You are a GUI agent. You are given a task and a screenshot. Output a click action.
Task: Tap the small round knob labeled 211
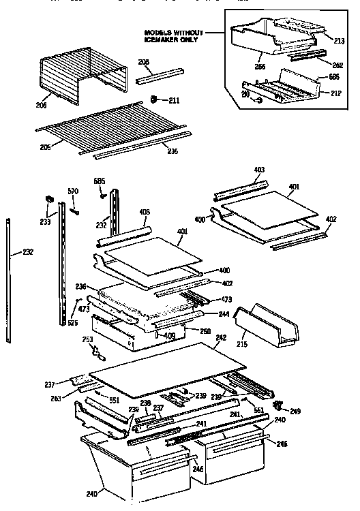(x=155, y=100)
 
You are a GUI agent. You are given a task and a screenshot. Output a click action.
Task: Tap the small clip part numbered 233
(x=49, y=198)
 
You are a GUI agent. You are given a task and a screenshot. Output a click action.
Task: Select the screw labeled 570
(x=75, y=206)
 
